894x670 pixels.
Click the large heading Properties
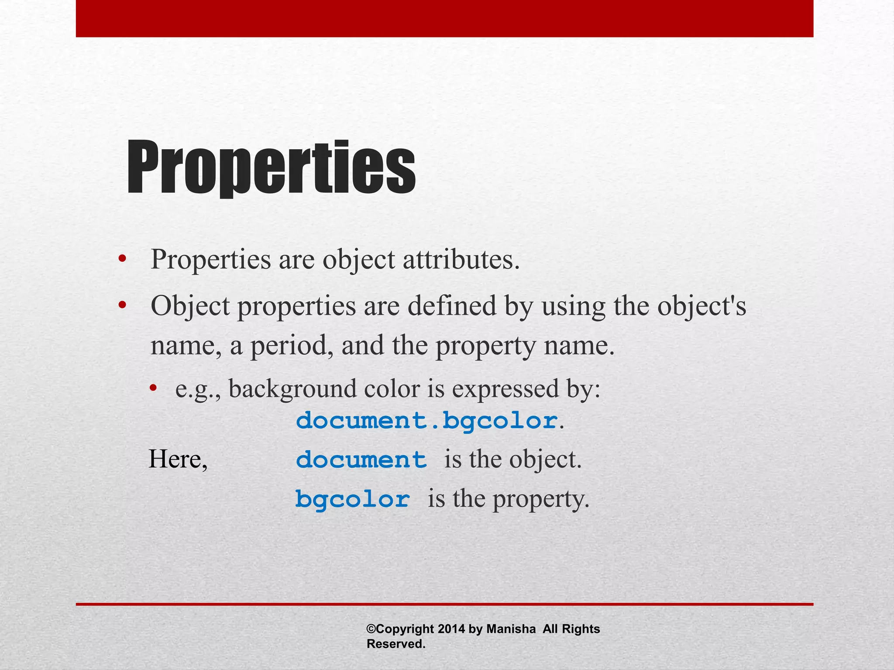coord(271,168)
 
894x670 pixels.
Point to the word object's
coord(701,306)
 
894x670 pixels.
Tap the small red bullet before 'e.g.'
coord(152,388)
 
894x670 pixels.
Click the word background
coord(292,389)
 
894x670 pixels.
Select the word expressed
coord(505,389)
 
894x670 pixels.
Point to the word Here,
coord(178,460)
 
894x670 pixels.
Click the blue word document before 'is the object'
coord(361,460)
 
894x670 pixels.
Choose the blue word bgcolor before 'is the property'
coord(352,499)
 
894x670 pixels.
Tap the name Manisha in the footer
coord(511,629)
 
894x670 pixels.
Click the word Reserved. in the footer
coord(395,644)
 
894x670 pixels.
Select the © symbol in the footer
coord(371,629)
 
